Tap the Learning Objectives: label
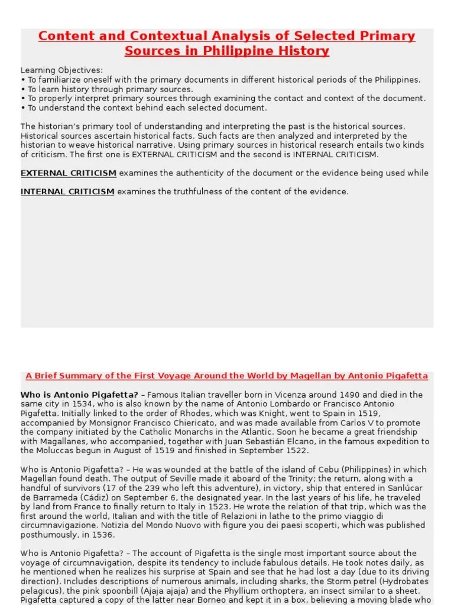(61, 70)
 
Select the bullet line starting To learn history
(106, 89)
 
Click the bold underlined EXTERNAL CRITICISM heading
(69, 173)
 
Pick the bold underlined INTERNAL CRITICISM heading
(67, 191)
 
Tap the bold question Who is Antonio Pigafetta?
(79, 395)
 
